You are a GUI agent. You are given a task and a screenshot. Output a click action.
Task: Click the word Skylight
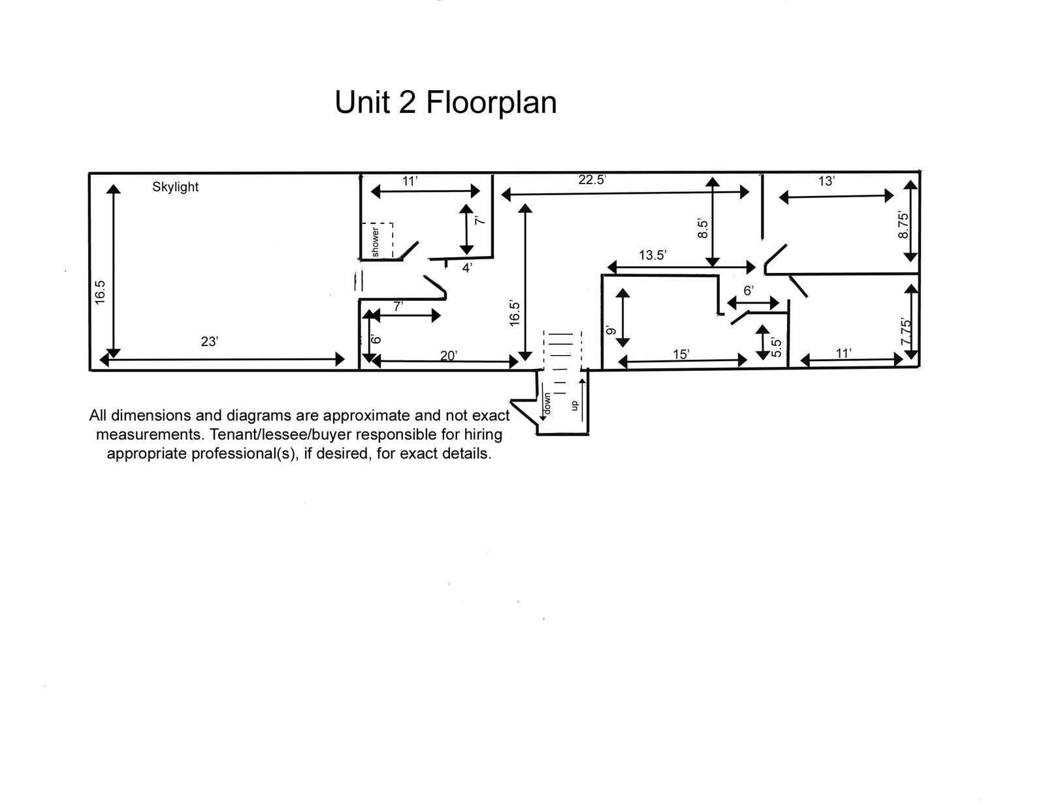(x=175, y=187)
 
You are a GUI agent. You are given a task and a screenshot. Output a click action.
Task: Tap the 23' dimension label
(x=210, y=341)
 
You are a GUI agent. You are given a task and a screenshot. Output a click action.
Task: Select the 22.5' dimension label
(x=592, y=180)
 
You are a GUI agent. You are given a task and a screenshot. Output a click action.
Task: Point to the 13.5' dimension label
(x=652, y=255)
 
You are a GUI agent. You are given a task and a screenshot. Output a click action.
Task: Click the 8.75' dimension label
(x=904, y=225)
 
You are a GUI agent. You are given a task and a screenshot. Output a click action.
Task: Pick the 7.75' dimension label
(x=905, y=331)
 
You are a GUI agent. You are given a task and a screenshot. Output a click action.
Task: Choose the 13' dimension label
(x=827, y=182)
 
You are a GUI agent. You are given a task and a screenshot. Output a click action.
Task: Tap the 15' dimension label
(x=681, y=355)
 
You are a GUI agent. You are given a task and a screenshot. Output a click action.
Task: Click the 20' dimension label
(x=449, y=356)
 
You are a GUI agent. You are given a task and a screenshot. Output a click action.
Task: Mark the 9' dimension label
(x=610, y=330)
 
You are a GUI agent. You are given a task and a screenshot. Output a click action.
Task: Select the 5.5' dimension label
(x=776, y=347)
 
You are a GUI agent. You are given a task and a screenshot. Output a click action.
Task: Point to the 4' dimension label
(x=467, y=268)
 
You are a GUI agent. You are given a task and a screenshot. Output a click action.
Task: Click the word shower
(x=375, y=242)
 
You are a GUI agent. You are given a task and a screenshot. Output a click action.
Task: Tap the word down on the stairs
(x=547, y=403)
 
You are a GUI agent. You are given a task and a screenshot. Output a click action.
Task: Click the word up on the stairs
(x=573, y=406)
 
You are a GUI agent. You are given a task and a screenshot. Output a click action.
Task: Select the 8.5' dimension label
(x=703, y=229)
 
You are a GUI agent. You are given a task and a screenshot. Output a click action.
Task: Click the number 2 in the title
(x=408, y=103)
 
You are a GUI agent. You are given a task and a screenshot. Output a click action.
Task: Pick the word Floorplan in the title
(x=492, y=103)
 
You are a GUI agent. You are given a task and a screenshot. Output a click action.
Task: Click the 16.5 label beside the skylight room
(x=99, y=293)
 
